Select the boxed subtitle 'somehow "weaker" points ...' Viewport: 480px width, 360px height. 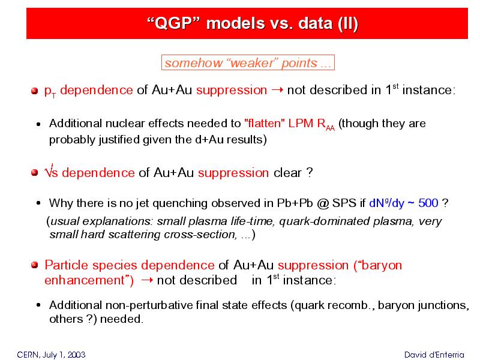click(248, 62)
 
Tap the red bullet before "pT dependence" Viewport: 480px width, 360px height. click(35, 91)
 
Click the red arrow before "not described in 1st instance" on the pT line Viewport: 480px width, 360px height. click(277, 90)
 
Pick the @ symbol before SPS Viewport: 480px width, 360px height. click(323, 203)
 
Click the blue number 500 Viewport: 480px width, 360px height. click(428, 203)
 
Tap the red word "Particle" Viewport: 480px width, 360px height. click(67, 265)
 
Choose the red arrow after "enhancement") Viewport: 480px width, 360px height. click(147, 280)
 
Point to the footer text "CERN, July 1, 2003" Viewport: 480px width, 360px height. click(51, 355)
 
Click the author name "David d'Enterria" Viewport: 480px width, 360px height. click(434, 355)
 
